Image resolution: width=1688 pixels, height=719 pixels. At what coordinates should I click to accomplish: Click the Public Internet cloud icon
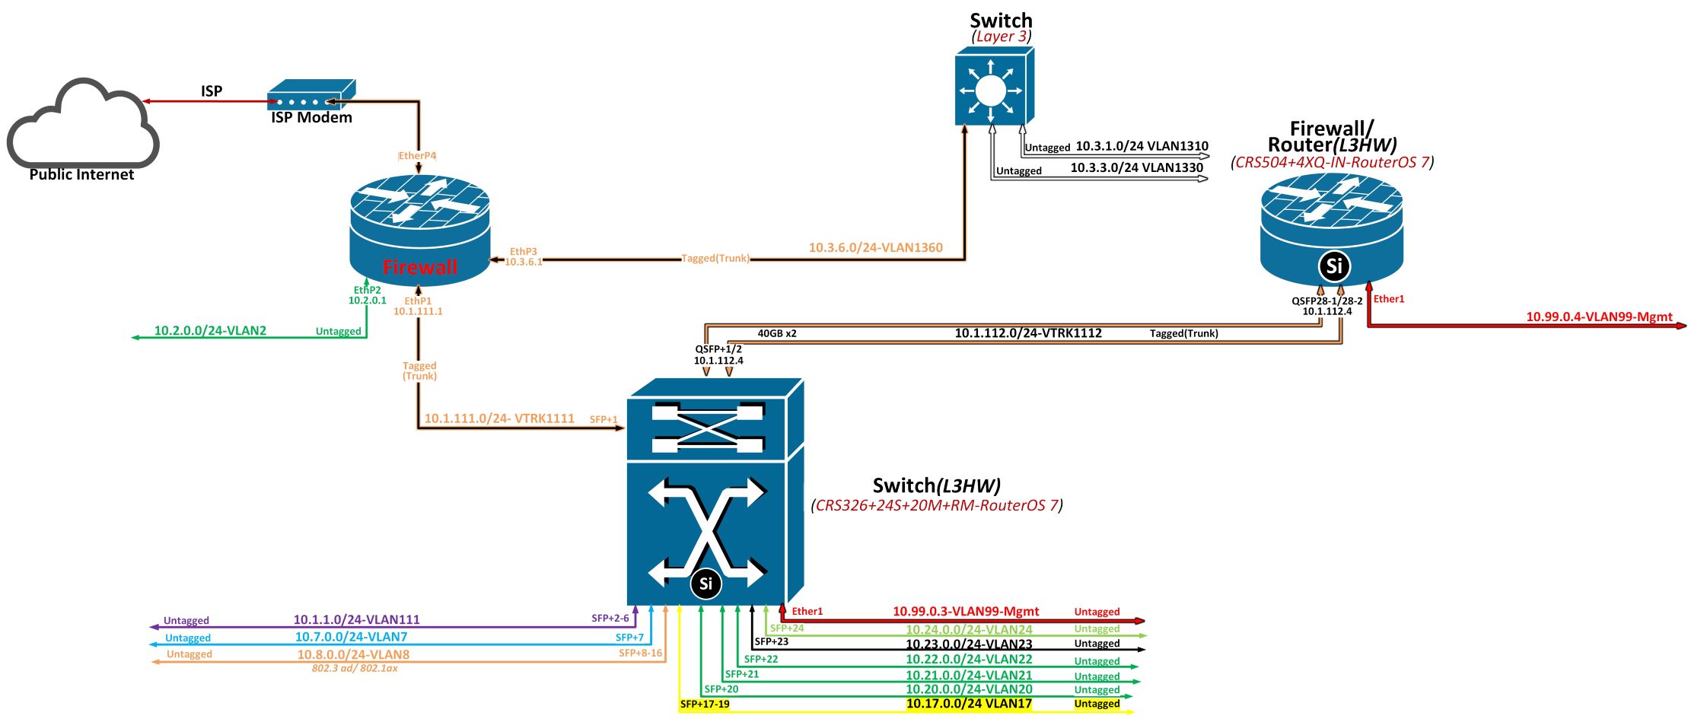click(x=82, y=126)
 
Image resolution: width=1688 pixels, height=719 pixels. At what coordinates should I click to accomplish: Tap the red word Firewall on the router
click(x=420, y=267)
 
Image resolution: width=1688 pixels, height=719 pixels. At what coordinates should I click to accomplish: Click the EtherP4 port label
click(x=418, y=156)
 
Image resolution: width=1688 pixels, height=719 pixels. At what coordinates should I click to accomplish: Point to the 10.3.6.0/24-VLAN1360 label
click(x=875, y=247)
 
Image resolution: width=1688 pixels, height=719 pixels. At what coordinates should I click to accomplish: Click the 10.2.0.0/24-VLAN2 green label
click(x=210, y=330)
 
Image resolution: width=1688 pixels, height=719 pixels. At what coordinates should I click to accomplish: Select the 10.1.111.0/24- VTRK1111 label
click(x=499, y=418)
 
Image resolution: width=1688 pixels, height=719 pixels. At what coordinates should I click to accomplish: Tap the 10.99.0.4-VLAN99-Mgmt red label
click(x=1599, y=317)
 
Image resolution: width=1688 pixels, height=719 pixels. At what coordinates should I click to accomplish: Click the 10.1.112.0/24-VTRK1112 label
click(x=1027, y=332)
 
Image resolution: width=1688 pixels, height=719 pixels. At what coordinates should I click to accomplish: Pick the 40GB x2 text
click(x=776, y=333)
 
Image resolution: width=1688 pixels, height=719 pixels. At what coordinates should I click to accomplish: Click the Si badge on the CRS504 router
click(x=1333, y=266)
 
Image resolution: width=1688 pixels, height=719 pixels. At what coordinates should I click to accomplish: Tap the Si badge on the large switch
click(x=705, y=584)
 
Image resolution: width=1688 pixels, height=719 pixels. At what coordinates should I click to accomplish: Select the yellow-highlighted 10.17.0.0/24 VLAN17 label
click(x=968, y=704)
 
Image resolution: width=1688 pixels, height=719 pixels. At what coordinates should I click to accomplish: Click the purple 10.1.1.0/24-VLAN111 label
click(x=356, y=619)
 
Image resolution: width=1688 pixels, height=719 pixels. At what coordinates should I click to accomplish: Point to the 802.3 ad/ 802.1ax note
click(x=355, y=668)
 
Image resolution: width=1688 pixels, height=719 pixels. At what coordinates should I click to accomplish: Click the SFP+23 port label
click(x=771, y=641)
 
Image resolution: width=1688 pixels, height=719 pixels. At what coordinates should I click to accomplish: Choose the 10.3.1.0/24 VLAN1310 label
click(x=1142, y=145)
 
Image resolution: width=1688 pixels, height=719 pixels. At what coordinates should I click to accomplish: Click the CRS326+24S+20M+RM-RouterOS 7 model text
click(x=937, y=505)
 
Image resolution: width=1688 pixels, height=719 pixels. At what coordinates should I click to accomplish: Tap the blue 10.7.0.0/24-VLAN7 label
click(x=351, y=637)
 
